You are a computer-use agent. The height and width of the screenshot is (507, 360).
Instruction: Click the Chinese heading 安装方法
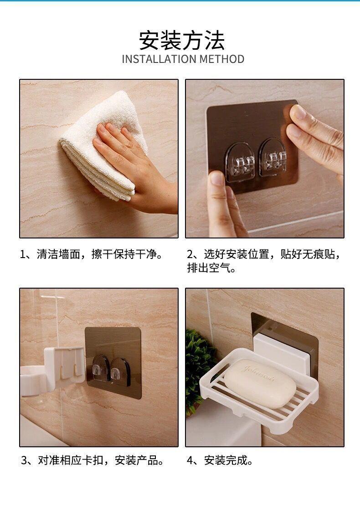[182, 41]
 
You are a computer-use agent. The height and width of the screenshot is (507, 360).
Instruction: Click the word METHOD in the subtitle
[222, 59]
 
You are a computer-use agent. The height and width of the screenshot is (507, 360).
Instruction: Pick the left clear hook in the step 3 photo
[100, 369]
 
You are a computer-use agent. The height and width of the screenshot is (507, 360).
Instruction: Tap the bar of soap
[260, 383]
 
